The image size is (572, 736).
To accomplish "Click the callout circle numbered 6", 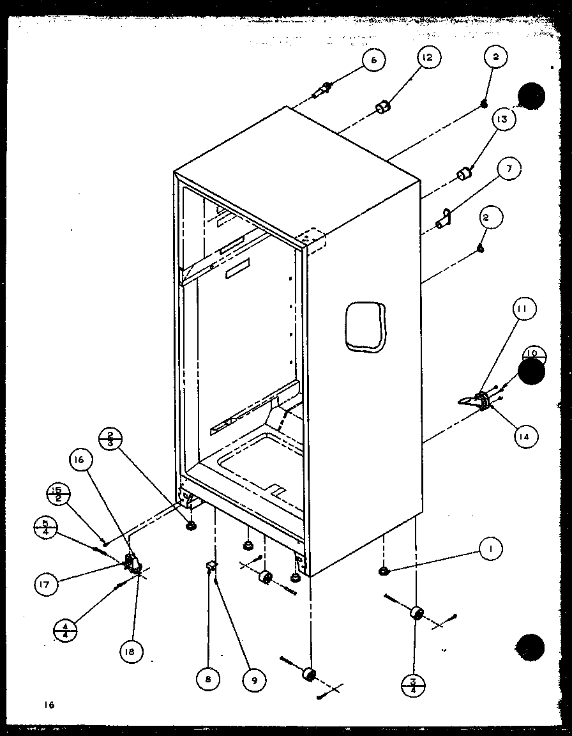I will [373, 61].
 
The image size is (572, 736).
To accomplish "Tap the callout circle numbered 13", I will [504, 119].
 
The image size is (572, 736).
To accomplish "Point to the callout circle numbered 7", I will [508, 170].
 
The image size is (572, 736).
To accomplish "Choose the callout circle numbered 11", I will [523, 309].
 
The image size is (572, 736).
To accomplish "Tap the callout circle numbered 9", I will [255, 680].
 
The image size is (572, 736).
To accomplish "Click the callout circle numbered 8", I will [208, 680].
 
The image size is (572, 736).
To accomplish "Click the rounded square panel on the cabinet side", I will [365, 326].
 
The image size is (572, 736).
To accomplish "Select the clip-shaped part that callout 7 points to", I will [444, 219].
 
